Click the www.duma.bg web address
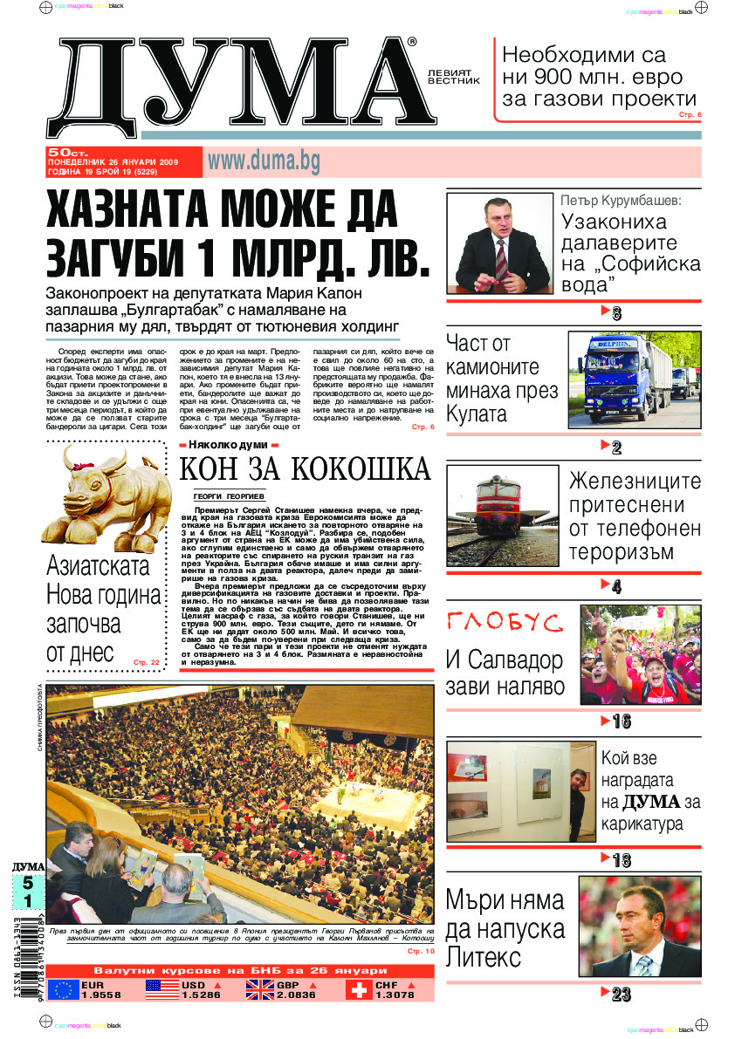point(264,161)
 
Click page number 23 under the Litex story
point(622,995)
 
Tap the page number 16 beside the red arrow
point(622,721)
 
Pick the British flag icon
point(259,989)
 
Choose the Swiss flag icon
point(357,989)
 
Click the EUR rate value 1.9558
point(101,995)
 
